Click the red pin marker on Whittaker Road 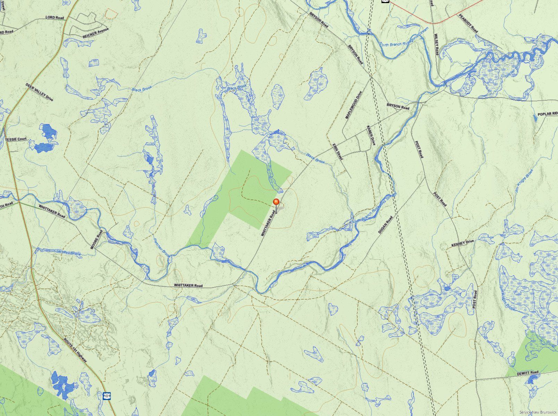pyautogui.click(x=276, y=202)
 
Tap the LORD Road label pyautogui.click(x=55, y=17)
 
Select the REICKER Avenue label pyautogui.click(x=96, y=33)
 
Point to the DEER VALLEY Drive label pyautogui.click(x=39, y=92)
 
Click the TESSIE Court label pyautogui.click(x=16, y=139)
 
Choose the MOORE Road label pyautogui.click(x=97, y=240)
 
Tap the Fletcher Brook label pyautogui.click(x=162, y=247)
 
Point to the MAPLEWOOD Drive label pyautogui.click(x=354, y=105)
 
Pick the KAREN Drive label pyautogui.click(x=371, y=135)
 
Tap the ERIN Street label pyautogui.click(x=337, y=152)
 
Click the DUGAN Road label pyautogui.click(x=385, y=225)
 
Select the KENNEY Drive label pyautogui.click(x=462, y=243)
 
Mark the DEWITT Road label pyautogui.click(x=527, y=373)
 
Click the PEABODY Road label pyautogui.click(x=468, y=23)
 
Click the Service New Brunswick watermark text pyautogui.click(x=538, y=412)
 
